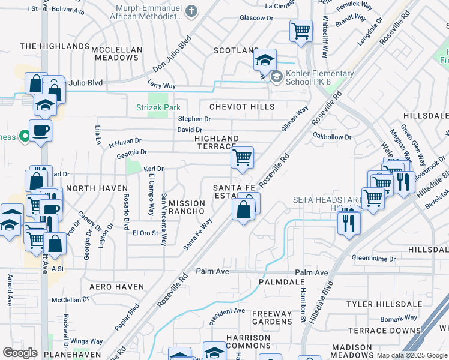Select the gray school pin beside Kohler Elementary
[x=276, y=76]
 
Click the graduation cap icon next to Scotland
[x=264, y=60]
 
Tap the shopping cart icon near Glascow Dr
[x=301, y=29]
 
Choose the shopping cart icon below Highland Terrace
[x=242, y=158]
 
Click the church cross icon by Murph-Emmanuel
[x=191, y=11]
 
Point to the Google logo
[x=20, y=352]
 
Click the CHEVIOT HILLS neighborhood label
[x=242, y=107]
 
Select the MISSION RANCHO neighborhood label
[x=187, y=207]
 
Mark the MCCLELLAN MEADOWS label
[x=116, y=53]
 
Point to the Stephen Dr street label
[x=194, y=119]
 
